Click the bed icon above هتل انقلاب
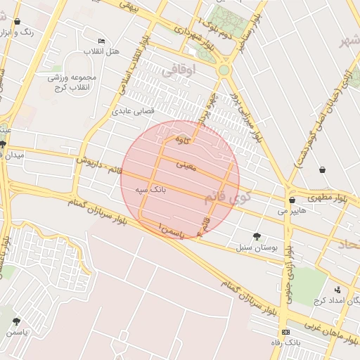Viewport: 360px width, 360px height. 101,41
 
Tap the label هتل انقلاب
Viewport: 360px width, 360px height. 102,52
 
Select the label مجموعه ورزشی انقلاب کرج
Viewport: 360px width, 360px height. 72,83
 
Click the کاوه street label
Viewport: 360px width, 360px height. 182,140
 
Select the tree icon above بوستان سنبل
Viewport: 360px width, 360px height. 257,237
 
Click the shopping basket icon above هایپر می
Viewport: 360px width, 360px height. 292,200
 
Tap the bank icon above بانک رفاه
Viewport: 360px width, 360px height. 285,332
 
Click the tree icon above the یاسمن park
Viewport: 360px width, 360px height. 16,321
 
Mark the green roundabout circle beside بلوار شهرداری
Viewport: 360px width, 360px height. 224,70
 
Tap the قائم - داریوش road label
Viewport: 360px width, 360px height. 100,165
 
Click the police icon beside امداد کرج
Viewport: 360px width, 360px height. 337,289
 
